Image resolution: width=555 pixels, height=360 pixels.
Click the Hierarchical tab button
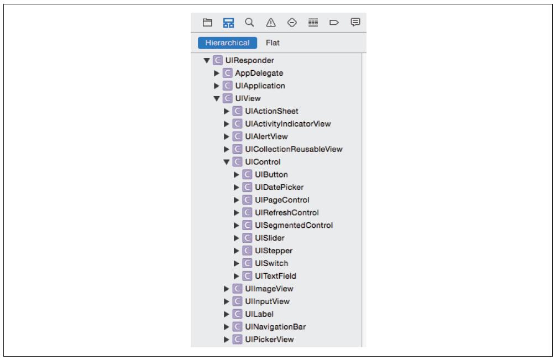tap(227, 43)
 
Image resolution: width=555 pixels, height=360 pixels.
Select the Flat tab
tap(273, 43)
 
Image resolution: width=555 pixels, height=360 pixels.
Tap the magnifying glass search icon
tap(249, 23)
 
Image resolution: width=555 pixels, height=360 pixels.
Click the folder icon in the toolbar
tap(207, 23)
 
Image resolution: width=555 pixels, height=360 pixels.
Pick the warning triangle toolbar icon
tap(271, 23)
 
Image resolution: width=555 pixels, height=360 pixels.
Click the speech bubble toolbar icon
tap(355, 22)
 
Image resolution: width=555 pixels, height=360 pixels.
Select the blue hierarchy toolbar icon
tap(229, 23)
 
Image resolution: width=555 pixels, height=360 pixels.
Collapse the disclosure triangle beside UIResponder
tap(207, 60)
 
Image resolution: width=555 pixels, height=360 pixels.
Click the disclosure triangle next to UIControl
tap(227, 162)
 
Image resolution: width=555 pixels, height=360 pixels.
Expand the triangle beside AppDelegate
tap(217, 74)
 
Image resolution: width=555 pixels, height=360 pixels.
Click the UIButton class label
tap(271, 175)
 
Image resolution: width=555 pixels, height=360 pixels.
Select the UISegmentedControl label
tap(294, 225)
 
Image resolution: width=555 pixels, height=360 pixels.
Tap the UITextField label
tap(275, 276)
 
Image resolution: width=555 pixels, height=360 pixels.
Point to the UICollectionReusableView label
tap(294, 149)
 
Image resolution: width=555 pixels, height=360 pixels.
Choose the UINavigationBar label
tap(275, 327)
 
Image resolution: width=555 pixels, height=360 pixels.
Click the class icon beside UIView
tap(228, 98)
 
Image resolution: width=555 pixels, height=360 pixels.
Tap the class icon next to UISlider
tap(248, 238)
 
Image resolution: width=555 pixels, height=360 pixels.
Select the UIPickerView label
tap(269, 340)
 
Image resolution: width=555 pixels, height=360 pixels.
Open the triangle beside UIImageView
tap(227, 289)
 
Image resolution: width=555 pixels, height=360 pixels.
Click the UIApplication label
tap(260, 86)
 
